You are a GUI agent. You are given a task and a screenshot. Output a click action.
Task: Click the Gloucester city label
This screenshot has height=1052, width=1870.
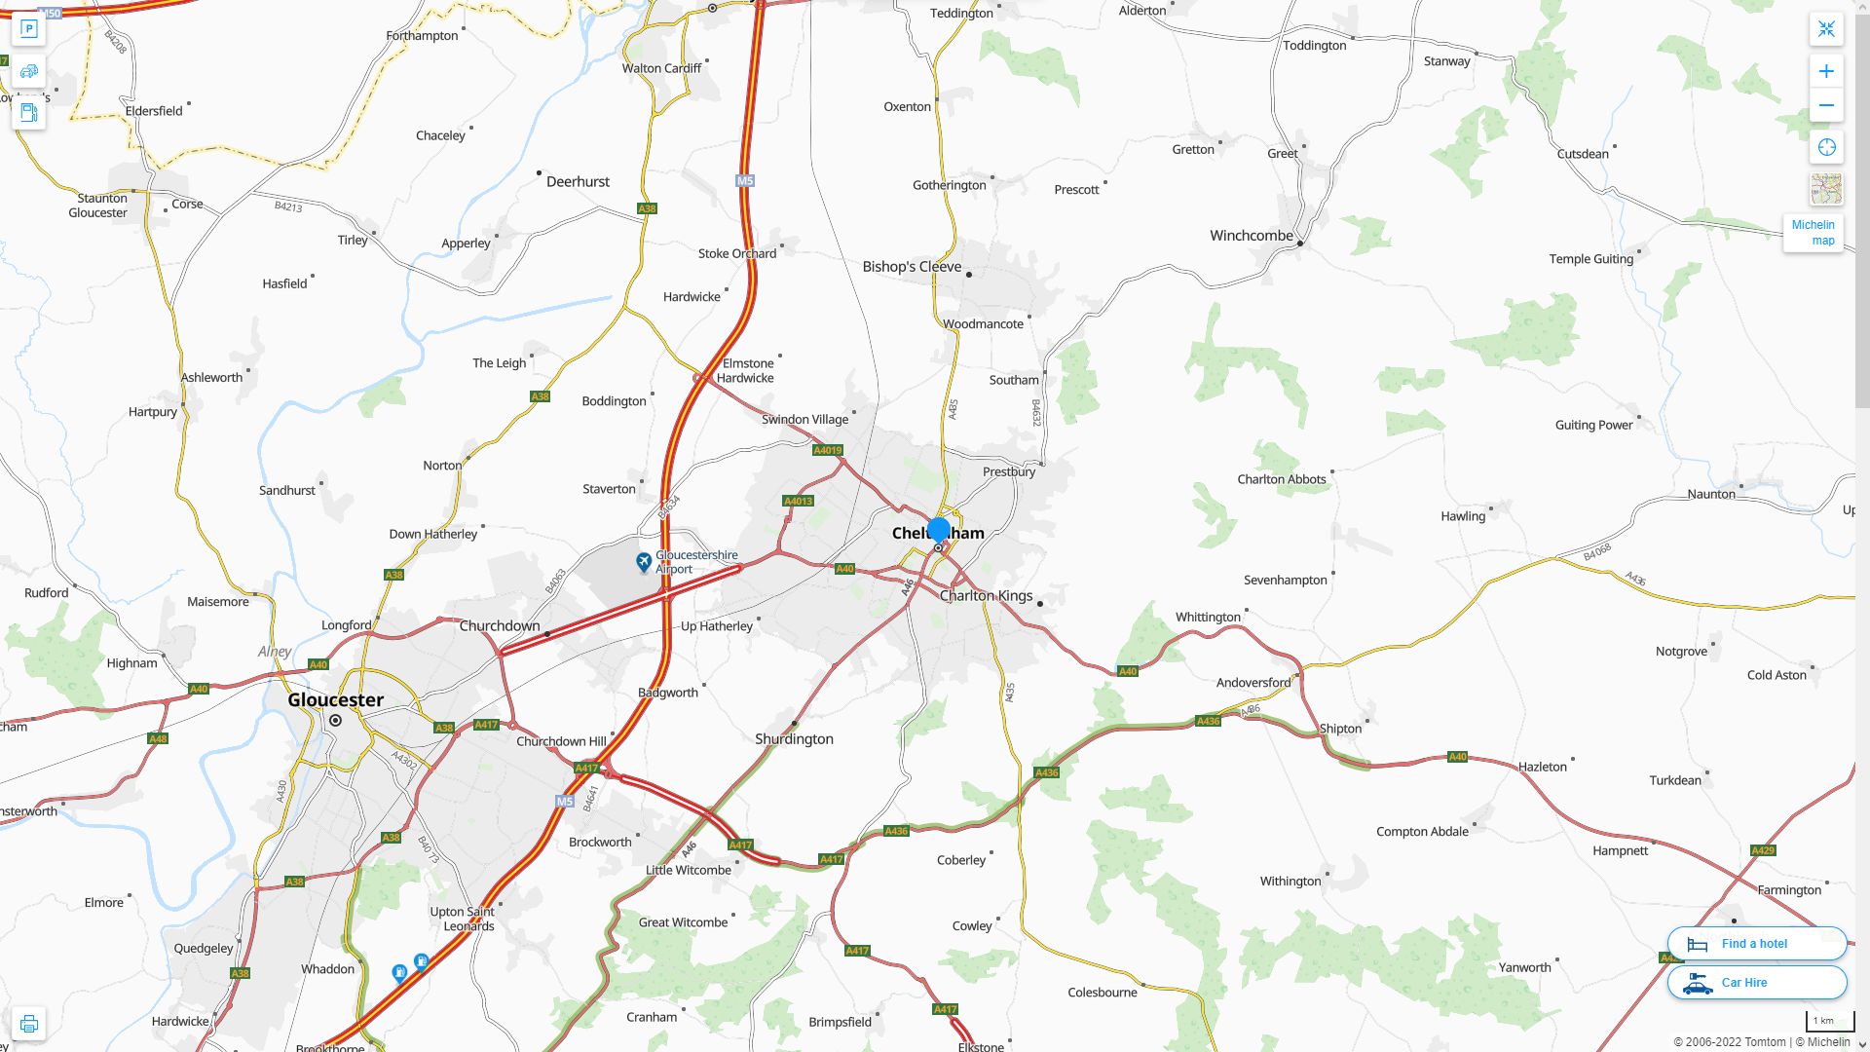tap(335, 699)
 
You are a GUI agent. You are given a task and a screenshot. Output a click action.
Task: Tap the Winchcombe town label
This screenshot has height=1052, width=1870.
tap(1251, 236)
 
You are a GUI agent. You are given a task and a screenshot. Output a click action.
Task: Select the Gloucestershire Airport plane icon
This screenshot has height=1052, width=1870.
tap(644, 562)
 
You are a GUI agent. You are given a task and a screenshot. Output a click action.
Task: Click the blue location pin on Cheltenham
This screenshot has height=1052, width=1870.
tap(938, 531)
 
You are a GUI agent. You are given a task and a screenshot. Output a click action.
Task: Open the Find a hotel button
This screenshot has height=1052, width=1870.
tap(1756, 944)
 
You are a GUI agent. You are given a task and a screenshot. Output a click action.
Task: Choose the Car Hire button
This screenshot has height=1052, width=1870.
tap(1756, 983)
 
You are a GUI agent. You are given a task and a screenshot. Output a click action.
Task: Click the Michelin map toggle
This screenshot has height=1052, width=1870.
tap(1813, 233)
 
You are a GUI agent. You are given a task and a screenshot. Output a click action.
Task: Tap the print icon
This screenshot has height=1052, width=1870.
tap(29, 1024)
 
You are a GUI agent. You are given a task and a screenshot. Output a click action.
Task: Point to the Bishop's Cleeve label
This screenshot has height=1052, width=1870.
tap(912, 267)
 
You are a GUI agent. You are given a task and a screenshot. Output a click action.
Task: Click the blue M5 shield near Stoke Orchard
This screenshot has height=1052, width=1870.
tap(745, 181)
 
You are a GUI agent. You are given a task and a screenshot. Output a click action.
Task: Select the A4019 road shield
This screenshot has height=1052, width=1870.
tap(827, 450)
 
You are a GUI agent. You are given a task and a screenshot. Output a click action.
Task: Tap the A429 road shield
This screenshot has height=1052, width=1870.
tap(1763, 850)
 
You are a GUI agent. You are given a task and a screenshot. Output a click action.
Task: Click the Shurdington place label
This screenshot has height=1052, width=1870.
tap(794, 739)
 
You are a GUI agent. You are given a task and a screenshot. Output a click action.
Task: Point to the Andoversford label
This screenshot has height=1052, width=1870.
tap(1253, 683)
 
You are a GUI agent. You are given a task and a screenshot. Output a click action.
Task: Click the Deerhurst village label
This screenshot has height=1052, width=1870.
tap(578, 182)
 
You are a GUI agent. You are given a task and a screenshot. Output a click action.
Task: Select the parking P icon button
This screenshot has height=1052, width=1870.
tap(29, 29)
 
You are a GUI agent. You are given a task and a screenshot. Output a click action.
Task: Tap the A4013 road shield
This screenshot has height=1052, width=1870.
tap(798, 502)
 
